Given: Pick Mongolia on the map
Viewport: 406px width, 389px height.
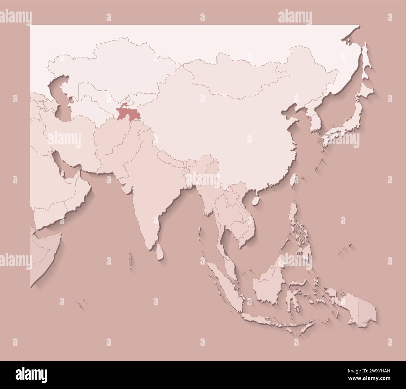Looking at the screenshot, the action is tap(237, 75).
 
